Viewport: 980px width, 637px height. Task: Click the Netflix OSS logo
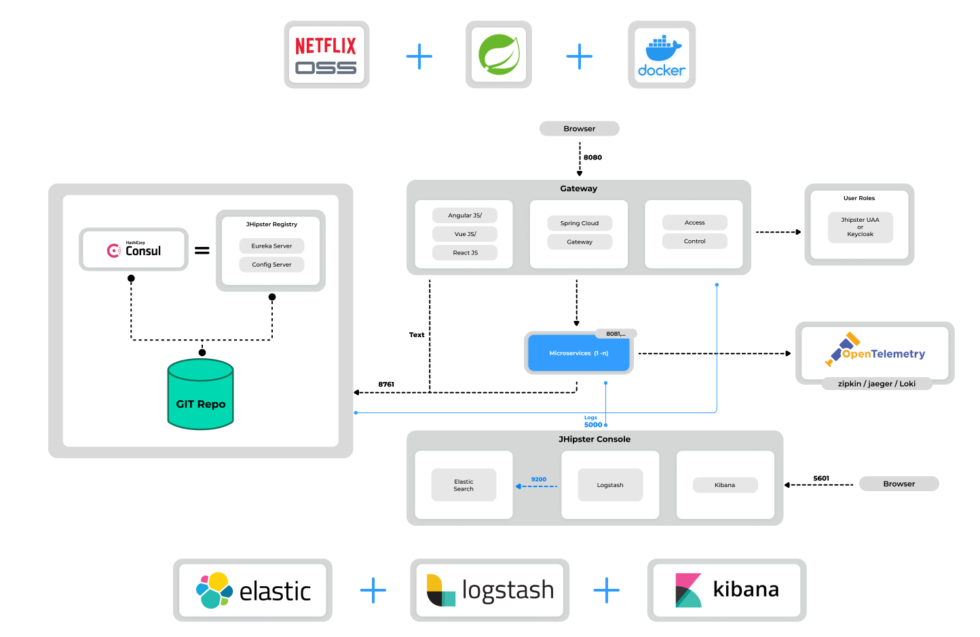(x=326, y=55)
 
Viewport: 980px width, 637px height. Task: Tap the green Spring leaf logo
(x=499, y=55)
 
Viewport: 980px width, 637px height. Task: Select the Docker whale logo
(x=662, y=55)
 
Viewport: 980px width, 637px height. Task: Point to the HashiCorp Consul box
(x=134, y=250)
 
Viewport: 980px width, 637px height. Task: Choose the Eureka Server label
(x=271, y=246)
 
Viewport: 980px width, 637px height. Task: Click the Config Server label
(x=271, y=265)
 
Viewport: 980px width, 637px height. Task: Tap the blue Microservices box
(x=578, y=353)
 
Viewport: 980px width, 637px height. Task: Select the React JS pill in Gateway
(x=465, y=252)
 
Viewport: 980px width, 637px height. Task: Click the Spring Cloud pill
(x=580, y=223)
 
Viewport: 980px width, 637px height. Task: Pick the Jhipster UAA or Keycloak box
(x=860, y=227)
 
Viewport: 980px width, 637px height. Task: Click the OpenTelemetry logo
(x=875, y=351)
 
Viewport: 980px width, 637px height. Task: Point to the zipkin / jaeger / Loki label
(x=876, y=384)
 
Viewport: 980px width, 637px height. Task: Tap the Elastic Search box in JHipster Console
(x=464, y=485)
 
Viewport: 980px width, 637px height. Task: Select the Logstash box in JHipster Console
(x=610, y=485)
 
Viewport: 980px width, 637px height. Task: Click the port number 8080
(x=592, y=157)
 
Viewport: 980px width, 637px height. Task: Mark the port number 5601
(x=821, y=478)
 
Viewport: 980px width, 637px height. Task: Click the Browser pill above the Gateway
(x=579, y=129)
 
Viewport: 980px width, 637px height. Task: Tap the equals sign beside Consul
(x=202, y=250)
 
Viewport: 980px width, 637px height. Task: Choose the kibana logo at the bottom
(x=727, y=590)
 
